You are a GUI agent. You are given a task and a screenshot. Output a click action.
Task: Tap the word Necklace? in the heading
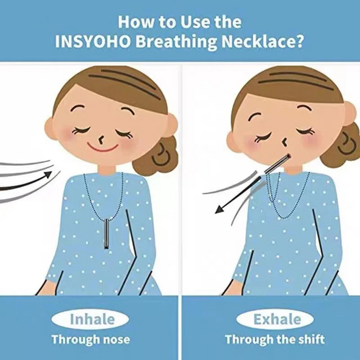[x=262, y=42]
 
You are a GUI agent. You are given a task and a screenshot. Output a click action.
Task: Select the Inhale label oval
[x=90, y=319]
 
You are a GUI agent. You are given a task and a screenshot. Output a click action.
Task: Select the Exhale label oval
[x=275, y=319]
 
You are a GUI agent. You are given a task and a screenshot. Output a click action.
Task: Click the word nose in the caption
[x=117, y=339]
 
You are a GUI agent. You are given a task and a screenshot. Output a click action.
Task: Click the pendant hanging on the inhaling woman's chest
[x=106, y=234]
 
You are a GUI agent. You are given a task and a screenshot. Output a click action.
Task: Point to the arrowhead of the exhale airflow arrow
[x=219, y=209]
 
